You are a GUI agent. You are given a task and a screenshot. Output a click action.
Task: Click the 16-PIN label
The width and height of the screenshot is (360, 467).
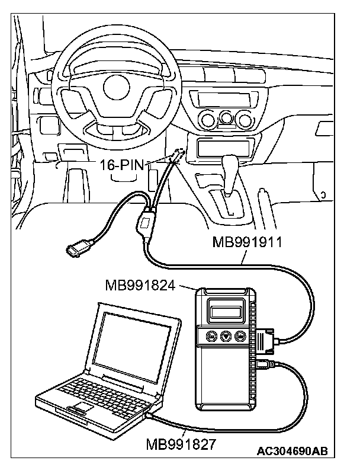121,165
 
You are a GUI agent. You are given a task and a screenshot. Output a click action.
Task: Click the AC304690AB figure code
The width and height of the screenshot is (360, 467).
292,452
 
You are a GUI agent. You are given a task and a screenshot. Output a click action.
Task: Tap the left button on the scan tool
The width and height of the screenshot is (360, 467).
210,336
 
